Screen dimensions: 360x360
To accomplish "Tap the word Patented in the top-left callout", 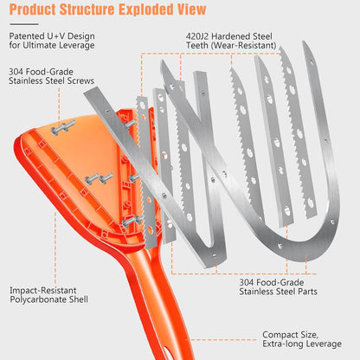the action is [26, 36].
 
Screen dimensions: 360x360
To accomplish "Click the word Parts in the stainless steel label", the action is [308, 292].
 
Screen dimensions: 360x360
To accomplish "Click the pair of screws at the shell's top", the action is [63, 127].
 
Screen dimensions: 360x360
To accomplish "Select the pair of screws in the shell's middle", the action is [99, 178].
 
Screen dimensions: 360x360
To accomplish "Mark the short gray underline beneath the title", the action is [24, 24].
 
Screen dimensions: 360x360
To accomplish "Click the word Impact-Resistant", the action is [43, 290].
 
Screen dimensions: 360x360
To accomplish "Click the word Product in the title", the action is [33, 10].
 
